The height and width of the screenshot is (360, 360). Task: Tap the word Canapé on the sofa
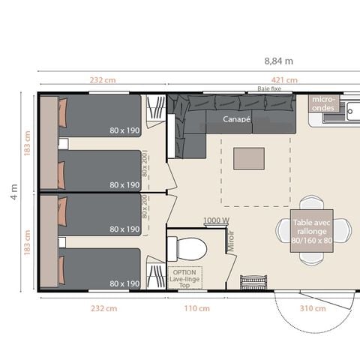click(236, 118)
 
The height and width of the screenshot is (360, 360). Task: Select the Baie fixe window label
click(268, 88)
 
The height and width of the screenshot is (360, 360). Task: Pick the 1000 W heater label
click(216, 220)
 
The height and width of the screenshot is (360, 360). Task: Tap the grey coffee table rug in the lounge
click(249, 158)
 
